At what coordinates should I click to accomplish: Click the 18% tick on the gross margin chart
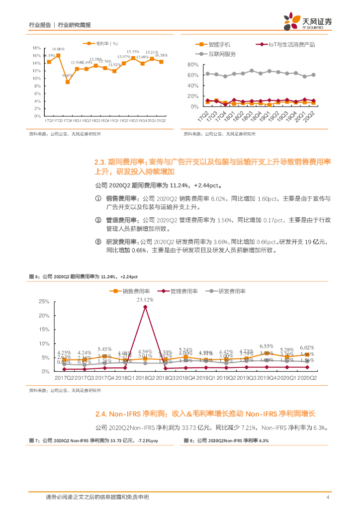tap(36, 48)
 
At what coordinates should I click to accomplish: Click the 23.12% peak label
tap(145, 300)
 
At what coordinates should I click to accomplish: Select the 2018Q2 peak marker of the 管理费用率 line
tap(145, 307)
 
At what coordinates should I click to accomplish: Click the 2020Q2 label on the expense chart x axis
tap(307, 379)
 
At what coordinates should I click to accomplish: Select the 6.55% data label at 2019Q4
tap(267, 346)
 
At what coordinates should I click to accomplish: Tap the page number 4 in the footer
tap(327, 497)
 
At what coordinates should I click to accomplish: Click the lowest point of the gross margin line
tap(68, 82)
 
